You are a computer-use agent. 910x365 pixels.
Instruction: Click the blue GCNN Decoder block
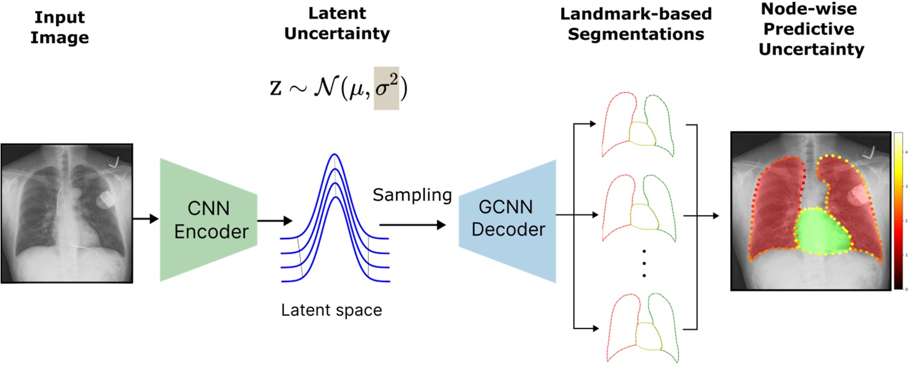(508, 221)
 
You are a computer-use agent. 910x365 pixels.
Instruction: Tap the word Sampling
(412, 196)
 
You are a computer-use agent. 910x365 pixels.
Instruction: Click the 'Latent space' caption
(331, 311)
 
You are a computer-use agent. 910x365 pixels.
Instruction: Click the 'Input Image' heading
(59, 29)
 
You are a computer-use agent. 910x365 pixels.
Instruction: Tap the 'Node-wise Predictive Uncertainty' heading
(811, 30)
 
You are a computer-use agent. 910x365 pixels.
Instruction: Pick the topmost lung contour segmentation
(632, 125)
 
